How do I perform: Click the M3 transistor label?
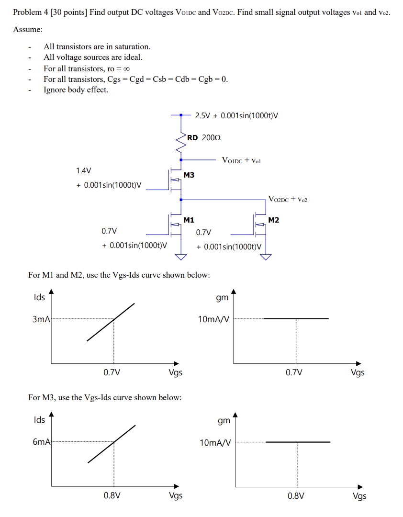click(x=189, y=175)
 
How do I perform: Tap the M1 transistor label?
click(x=189, y=220)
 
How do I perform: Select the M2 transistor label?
click(x=274, y=220)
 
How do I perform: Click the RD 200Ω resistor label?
click(x=204, y=137)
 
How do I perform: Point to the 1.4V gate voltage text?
click(x=83, y=170)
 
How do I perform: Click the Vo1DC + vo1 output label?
click(x=242, y=160)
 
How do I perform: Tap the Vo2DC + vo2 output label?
click(x=288, y=199)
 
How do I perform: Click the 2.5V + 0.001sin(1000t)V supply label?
click(x=236, y=115)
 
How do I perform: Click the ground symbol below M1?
click(x=181, y=257)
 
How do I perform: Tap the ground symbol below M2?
click(x=266, y=257)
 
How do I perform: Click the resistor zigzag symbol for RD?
click(x=181, y=142)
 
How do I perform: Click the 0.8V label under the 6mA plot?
click(x=112, y=495)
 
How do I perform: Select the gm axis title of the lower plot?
click(x=224, y=420)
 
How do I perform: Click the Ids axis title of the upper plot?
click(x=39, y=297)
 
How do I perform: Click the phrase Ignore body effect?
click(x=76, y=90)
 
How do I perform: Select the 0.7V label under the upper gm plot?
click(x=294, y=372)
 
